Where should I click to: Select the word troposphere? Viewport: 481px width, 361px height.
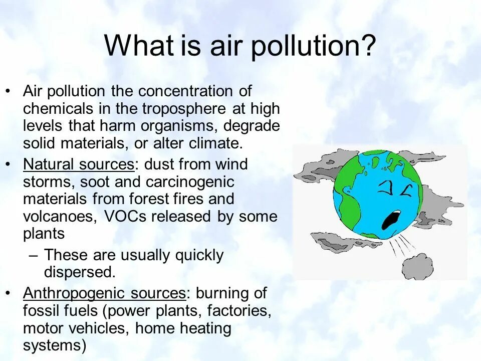(x=184, y=109)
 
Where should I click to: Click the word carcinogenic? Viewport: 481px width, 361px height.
(x=184, y=181)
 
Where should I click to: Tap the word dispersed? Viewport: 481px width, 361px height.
(x=80, y=272)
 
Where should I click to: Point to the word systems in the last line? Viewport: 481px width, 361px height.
(x=52, y=346)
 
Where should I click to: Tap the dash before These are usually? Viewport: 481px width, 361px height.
(x=34, y=255)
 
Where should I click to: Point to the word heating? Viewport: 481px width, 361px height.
(x=205, y=328)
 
